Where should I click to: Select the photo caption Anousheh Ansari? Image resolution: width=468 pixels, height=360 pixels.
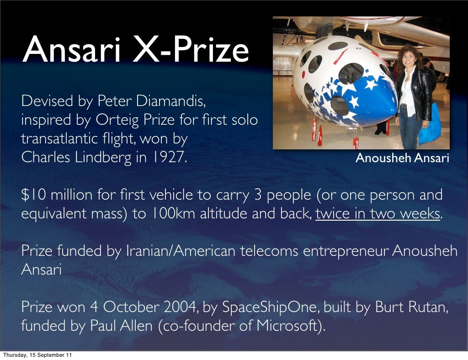(402, 158)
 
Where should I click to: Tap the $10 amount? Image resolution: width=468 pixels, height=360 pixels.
(34, 195)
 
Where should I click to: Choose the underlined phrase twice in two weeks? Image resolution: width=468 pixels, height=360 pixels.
(378, 214)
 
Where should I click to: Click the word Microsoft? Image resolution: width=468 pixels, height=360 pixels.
(288, 326)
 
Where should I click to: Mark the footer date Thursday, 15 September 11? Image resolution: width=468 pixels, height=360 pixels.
(37, 355)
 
